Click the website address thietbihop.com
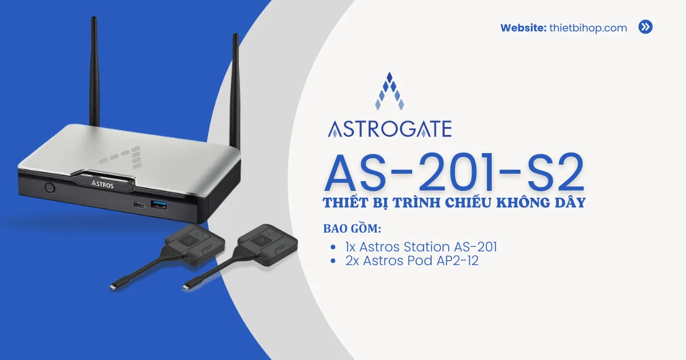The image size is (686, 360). click(x=588, y=27)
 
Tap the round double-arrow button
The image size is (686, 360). click(x=645, y=27)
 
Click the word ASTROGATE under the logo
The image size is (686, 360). click(x=389, y=129)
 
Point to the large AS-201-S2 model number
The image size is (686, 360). click(x=454, y=172)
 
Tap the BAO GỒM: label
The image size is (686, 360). click(x=352, y=229)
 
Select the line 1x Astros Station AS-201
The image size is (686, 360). click(x=421, y=247)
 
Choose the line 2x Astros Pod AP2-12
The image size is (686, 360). click(x=412, y=261)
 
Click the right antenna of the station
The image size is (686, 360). click(x=235, y=86)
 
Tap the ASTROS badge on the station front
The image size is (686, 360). click(x=103, y=184)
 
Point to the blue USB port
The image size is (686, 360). click(x=159, y=204)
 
